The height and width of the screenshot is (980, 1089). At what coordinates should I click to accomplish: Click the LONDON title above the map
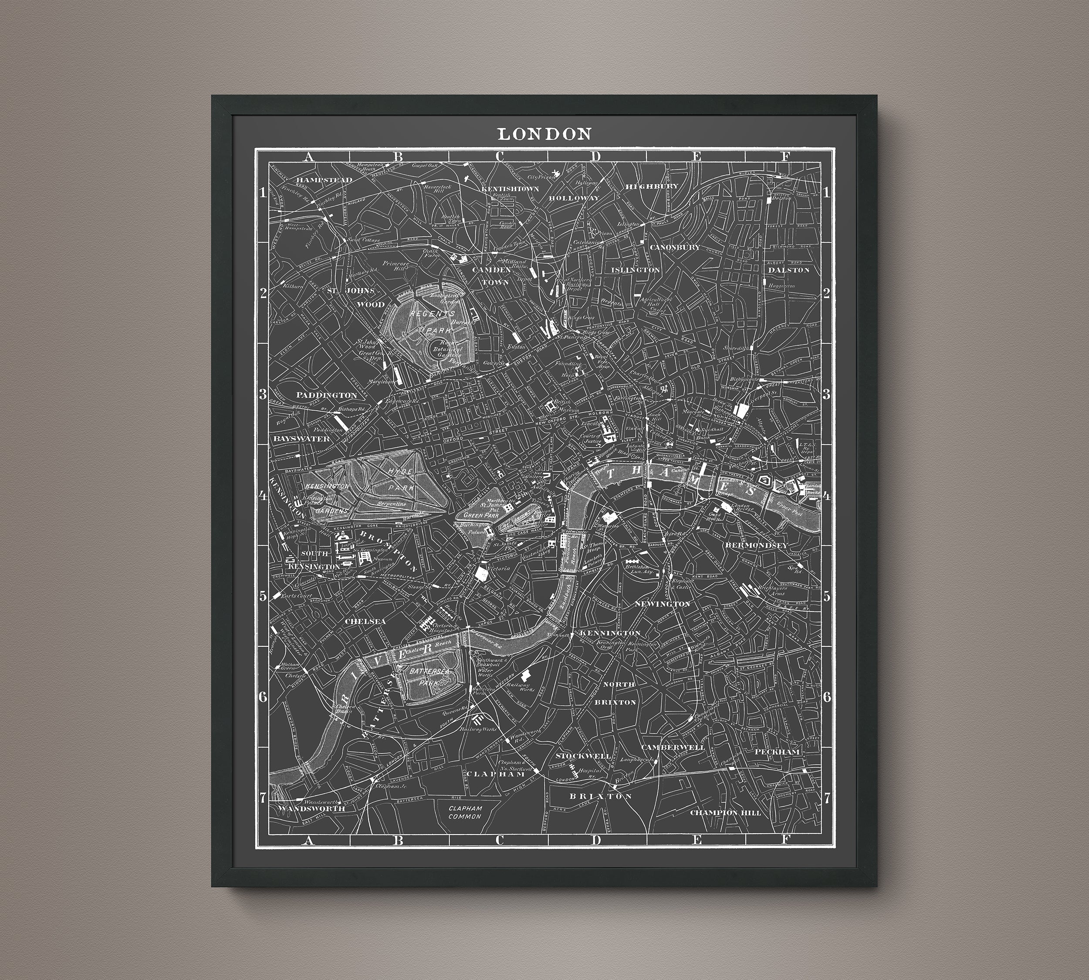click(544, 134)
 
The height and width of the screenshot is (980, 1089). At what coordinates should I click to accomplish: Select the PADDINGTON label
click(326, 395)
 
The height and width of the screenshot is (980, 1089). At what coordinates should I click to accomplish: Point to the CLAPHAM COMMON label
click(467, 813)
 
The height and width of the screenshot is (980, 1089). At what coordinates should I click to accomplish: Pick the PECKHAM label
click(778, 751)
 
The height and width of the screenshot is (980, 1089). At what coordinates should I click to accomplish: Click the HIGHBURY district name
click(652, 186)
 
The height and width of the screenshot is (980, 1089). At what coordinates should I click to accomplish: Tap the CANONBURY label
click(675, 247)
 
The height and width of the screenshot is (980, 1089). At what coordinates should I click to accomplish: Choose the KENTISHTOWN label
click(510, 189)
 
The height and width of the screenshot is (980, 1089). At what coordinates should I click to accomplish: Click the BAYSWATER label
click(301, 439)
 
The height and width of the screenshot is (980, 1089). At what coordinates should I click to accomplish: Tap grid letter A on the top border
click(308, 157)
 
